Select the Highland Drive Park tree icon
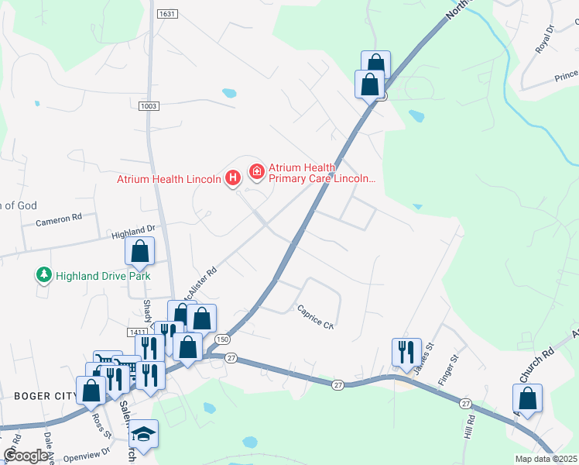tap(44, 275)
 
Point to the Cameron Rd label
tap(59, 220)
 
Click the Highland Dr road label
tap(133, 230)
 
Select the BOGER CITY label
tap(44, 395)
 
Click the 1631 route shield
tap(166, 14)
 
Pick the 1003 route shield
tap(149, 105)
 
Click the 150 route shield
tap(223, 339)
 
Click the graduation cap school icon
tap(143, 433)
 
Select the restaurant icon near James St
tap(406, 352)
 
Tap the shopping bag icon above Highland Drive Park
tap(139, 251)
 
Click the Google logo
tap(26, 456)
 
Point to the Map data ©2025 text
tap(545, 459)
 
